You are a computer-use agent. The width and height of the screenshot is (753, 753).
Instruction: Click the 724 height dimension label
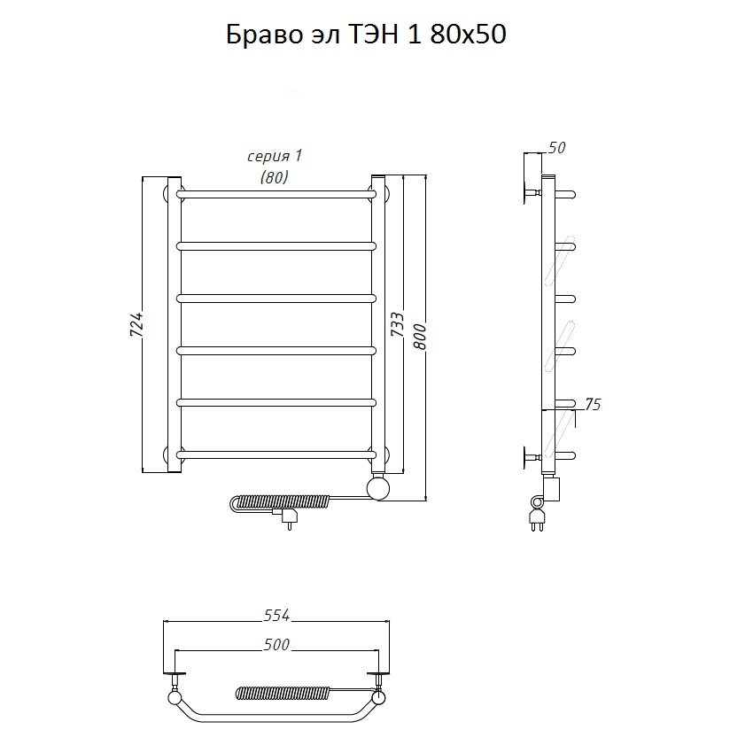coord(136,324)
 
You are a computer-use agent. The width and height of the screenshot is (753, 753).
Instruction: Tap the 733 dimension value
coord(398,324)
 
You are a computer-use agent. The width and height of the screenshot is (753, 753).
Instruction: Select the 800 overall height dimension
coord(419,337)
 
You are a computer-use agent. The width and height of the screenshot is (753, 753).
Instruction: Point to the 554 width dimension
coord(277,615)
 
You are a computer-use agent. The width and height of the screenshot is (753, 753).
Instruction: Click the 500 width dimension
coord(276,644)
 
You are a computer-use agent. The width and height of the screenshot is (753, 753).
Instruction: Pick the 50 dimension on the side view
coord(556,147)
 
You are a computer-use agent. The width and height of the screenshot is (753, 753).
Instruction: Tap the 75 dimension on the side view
coord(593,404)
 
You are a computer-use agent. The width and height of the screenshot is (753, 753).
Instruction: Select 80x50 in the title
coord(468,35)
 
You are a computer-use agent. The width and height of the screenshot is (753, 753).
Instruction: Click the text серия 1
coord(275,156)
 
